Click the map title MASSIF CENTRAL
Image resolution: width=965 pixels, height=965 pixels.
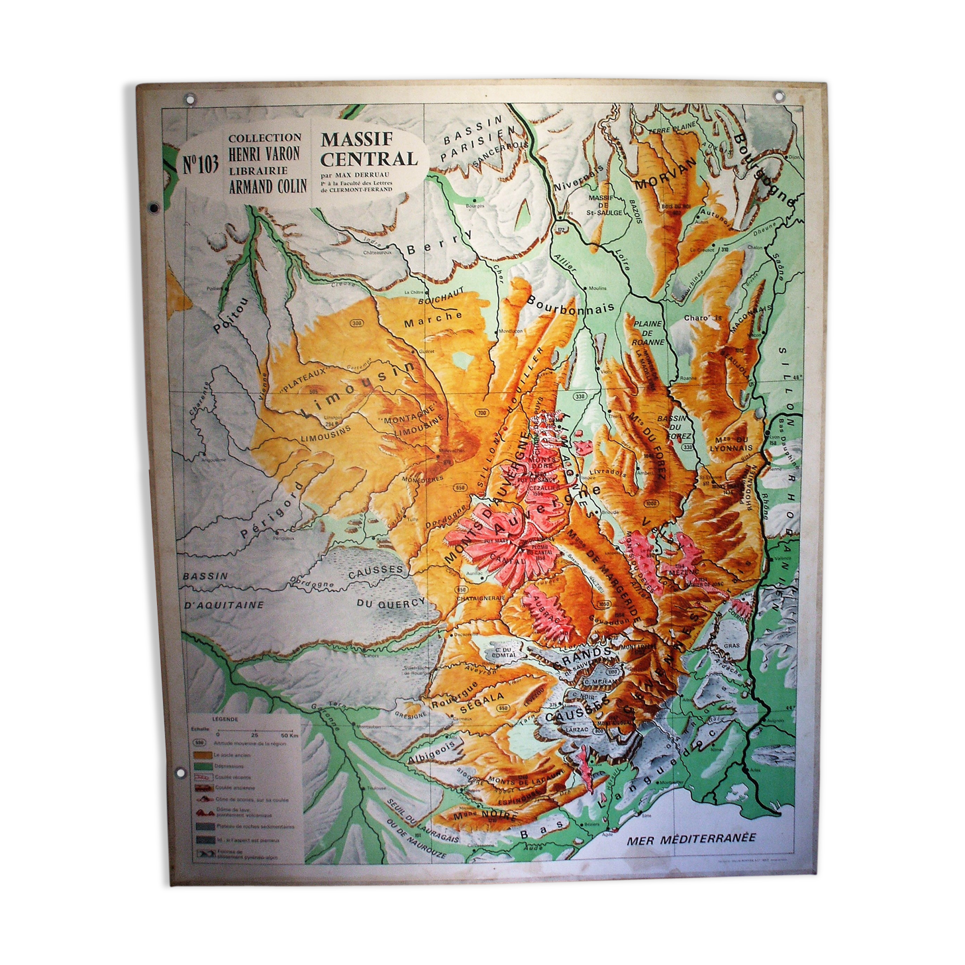click(x=368, y=150)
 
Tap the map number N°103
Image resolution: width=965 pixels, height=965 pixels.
click(x=200, y=164)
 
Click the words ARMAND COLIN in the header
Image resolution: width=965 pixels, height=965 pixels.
click(x=268, y=186)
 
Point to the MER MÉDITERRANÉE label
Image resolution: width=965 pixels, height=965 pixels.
click(x=690, y=838)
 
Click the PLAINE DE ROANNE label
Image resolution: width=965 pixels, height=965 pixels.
click(x=647, y=332)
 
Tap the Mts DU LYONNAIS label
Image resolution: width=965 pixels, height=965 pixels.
click(x=731, y=444)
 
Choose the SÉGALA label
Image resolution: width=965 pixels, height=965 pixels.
click(x=482, y=703)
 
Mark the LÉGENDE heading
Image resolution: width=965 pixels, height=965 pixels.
click(x=225, y=719)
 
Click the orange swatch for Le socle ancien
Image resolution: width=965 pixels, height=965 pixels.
click(x=202, y=755)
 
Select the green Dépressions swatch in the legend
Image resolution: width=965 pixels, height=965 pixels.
click(x=202, y=766)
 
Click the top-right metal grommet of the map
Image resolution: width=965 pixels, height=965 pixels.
click(x=779, y=97)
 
